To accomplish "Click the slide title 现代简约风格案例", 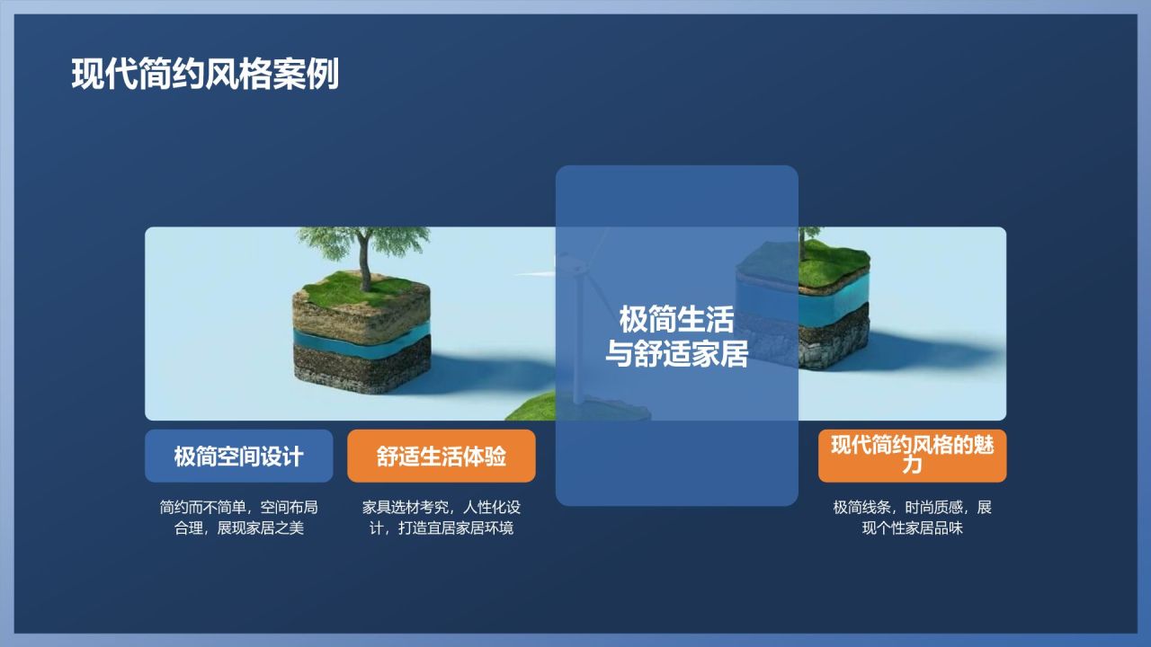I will pos(205,75).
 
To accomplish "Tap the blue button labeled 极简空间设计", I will pos(238,456).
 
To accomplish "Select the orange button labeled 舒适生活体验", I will pos(441,456).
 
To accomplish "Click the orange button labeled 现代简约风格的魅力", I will pos(912,455).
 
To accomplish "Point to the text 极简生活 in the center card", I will pos(676,320).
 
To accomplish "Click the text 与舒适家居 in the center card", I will pos(676,354).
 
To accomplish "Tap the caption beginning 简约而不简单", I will pos(238,518).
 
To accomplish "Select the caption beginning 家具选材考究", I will pos(441,518).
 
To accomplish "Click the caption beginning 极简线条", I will pos(912,518).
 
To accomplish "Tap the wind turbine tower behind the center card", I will pos(577,341).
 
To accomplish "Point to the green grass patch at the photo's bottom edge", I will pos(531,409).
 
